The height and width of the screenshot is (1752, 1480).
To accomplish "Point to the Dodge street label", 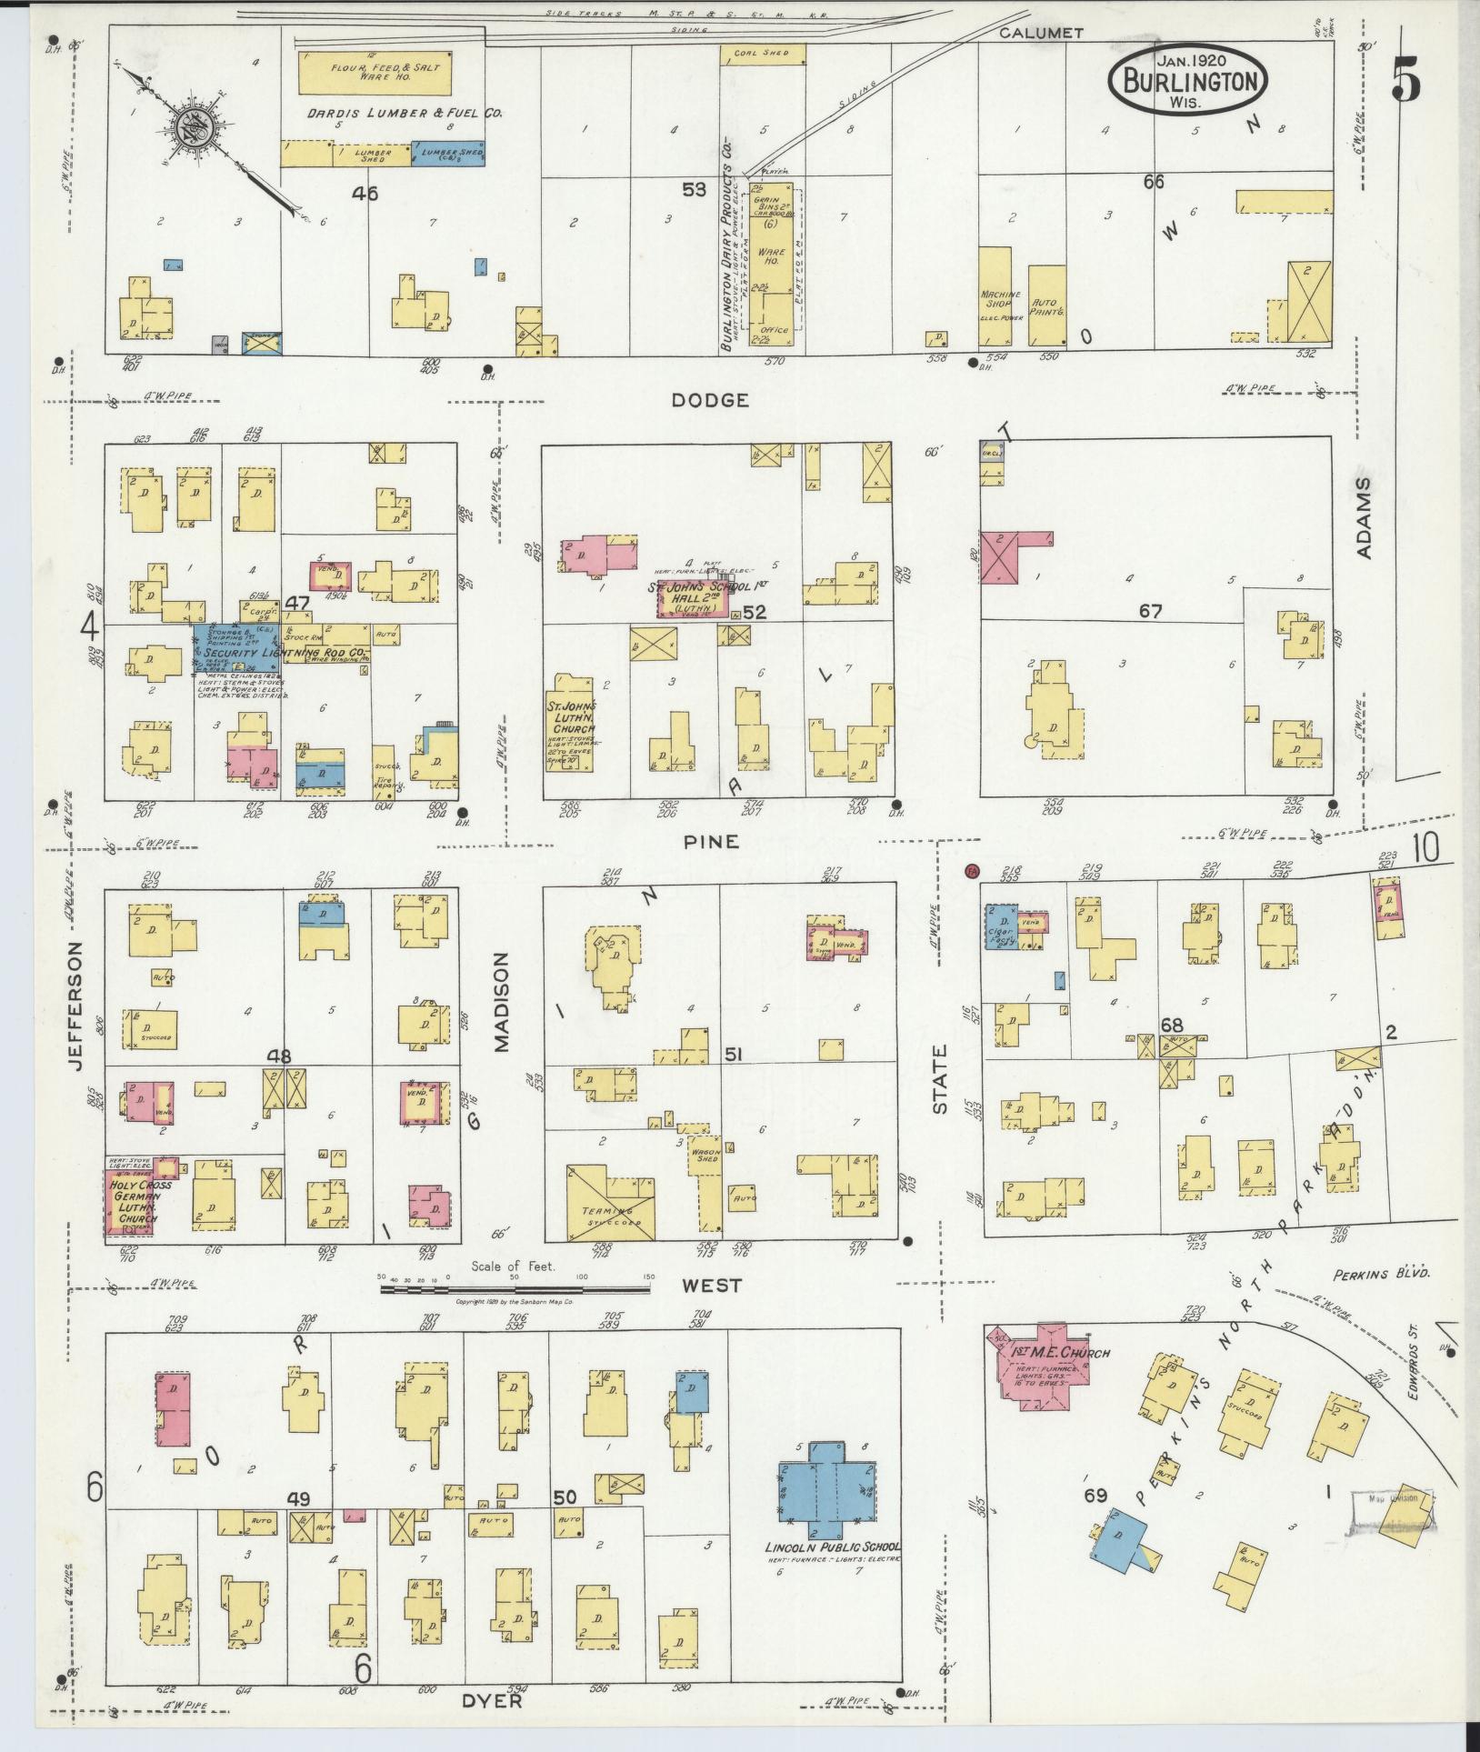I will tap(710, 399).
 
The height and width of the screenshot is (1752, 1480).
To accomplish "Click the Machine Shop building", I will tap(995, 296).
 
